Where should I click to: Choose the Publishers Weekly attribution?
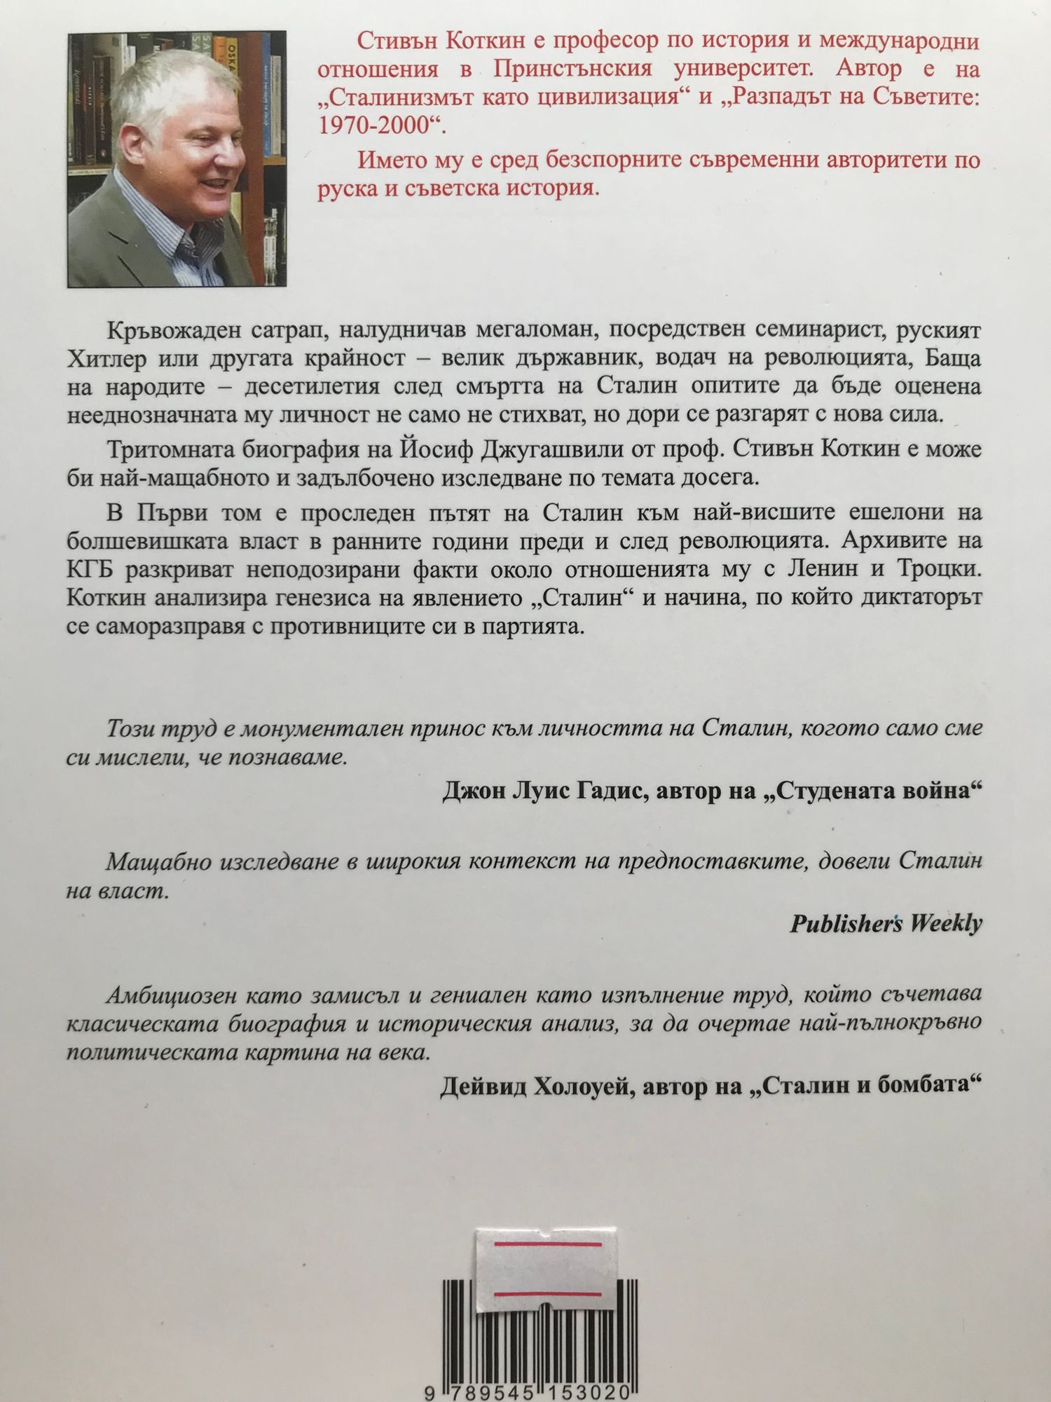(886, 923)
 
